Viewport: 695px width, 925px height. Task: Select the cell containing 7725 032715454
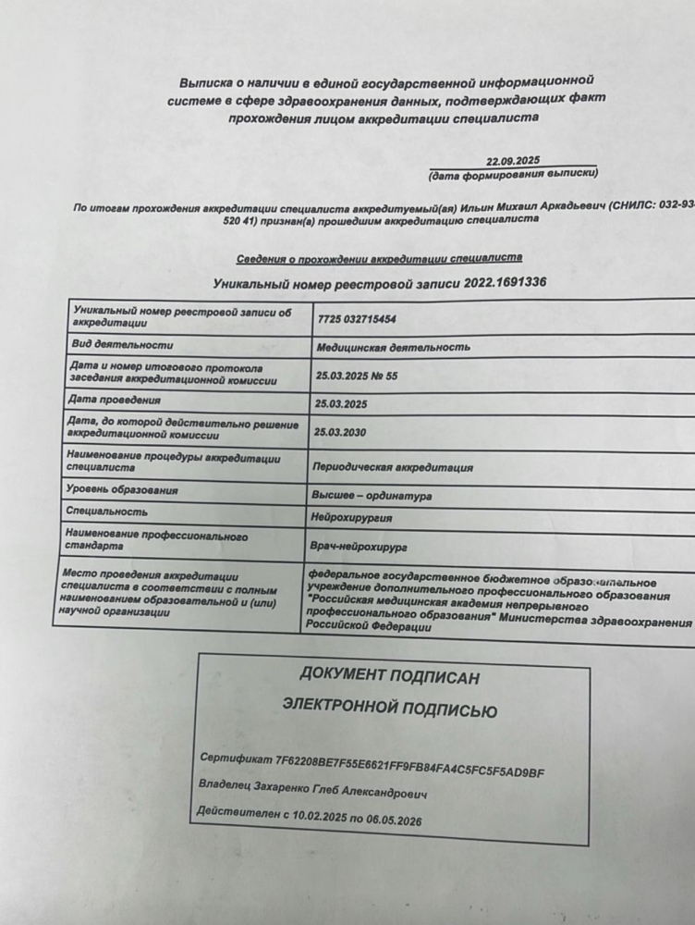pos(356,319)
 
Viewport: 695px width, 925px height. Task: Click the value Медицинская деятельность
pos(393,348)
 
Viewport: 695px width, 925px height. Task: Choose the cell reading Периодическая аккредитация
pos(394,468)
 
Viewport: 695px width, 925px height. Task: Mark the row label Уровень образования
pos(122,489)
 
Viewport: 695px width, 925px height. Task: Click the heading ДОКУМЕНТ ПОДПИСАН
pos(389,677)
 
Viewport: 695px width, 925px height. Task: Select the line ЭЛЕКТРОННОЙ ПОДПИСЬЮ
pos(389,710)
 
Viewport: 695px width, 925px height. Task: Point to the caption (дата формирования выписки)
pos(514,174)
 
